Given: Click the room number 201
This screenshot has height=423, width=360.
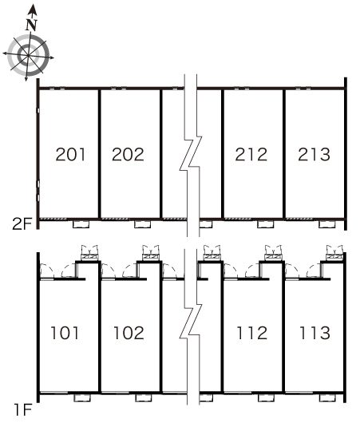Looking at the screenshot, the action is (70, 154).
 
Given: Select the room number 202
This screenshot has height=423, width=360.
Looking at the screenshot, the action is (128, 154).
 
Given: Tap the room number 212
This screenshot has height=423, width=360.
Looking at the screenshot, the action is (251, 154).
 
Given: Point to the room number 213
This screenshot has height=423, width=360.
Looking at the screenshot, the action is (315, 154).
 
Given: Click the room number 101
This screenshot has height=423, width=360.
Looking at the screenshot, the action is (65, 333).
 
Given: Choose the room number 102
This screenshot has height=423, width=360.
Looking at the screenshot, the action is (129, 333).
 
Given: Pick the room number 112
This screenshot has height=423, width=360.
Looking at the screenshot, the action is (252, 333).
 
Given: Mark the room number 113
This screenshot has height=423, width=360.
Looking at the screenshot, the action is (315, 333).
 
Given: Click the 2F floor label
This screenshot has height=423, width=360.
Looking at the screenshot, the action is (22, 223).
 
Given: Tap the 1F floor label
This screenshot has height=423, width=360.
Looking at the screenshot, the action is (23, 409).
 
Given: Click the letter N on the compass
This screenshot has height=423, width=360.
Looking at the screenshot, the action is (32, 25).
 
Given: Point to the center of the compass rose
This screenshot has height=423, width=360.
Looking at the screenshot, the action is (28, 55).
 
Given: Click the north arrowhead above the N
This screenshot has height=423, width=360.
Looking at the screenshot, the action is (33, 10).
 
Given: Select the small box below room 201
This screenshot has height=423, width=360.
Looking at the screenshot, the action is (81, 224).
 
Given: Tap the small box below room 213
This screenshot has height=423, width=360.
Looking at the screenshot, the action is (327, 224).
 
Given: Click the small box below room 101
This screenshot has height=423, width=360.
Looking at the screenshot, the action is (82, 397).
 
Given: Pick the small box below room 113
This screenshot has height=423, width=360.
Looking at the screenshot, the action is (327, 397).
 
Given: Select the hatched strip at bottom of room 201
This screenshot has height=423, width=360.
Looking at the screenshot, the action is (53, 219).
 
